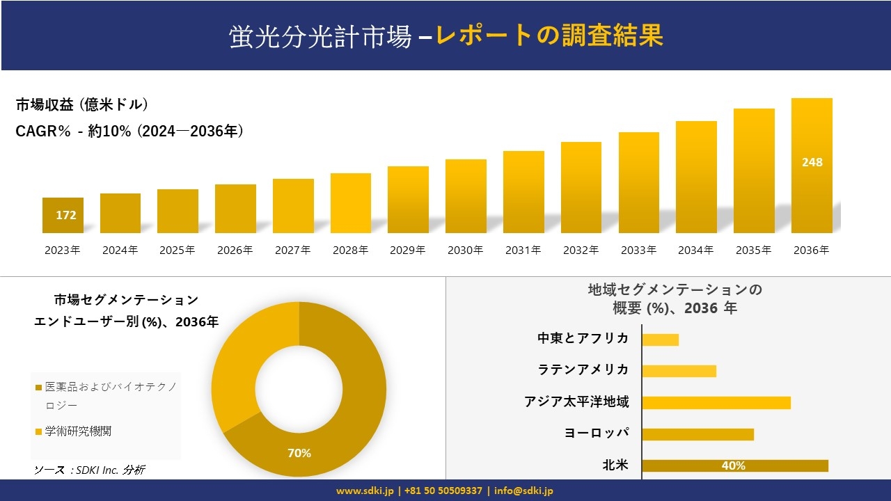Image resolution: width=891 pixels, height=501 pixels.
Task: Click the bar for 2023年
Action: [x=63, y=215]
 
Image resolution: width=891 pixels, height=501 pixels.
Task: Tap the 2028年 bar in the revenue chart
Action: [x=350, y=203]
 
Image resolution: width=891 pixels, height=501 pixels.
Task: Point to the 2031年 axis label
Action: [x=523, y=250]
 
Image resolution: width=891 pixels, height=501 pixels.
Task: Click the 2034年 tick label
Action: [x=695, y=250]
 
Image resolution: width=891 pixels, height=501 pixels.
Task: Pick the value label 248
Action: [x=812, y=162]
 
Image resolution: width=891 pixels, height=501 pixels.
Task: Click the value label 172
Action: [x=66, y=215]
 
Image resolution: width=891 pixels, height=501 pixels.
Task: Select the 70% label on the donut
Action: [x=299, y=453]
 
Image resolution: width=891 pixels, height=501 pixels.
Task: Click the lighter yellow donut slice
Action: [x=240, y=362]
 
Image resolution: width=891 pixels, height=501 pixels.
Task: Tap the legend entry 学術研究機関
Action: [x=78, y=431]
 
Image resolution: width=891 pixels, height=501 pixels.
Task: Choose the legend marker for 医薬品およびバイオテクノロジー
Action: [x=39, y=387]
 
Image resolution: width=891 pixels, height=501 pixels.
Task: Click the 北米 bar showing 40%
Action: [x=734, y=466]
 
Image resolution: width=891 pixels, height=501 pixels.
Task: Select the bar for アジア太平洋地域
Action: [x=716, y=402]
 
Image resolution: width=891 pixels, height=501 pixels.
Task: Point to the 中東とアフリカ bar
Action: [x=660, y=340]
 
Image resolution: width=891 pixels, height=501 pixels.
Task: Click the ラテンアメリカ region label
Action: [x=583, y=369]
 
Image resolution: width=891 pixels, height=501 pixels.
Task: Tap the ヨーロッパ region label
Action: [x=597, y=433]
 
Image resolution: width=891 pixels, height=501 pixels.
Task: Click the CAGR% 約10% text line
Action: [x=129, y=132]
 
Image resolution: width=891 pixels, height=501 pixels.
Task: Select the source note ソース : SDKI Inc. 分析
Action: [x=89, y=470]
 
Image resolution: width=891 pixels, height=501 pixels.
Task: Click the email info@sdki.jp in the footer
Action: [x=523, y=491]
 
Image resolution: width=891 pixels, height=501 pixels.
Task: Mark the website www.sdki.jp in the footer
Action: [x=365, y=491]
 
